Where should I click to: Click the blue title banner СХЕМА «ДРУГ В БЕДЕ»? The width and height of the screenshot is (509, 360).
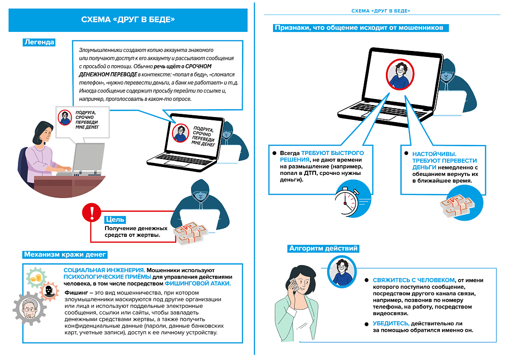[128, 20]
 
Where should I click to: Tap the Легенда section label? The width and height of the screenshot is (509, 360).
[39, 42]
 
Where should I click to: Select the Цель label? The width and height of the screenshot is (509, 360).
[115, 219]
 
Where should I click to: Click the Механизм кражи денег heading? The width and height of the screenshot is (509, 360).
[65, 254]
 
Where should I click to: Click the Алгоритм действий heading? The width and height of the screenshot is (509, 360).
[323, 248]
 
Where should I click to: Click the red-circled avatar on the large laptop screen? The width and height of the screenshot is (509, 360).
[398, 75]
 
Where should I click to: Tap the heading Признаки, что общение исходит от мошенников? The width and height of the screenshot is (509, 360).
[359, 28]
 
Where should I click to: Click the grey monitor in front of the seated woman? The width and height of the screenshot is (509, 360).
[90, 157]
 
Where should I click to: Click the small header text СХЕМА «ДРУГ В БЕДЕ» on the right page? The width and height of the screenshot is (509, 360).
[381, 11]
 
